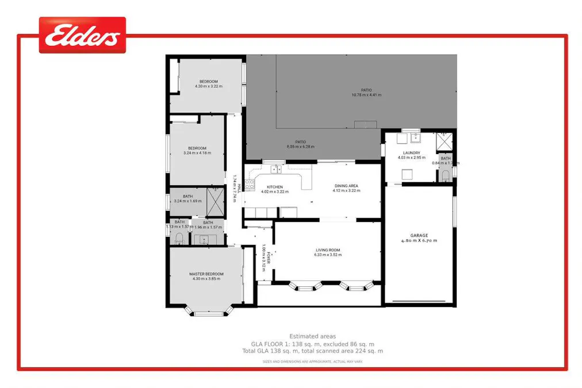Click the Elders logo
[82, 36]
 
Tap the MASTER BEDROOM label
[206, 274]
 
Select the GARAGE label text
[419, 235]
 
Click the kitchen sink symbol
[277, 169]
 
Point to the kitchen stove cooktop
[250, 185]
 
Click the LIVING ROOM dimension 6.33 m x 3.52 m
[328, 255]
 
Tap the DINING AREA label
[346, 186]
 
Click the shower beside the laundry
[445, 141]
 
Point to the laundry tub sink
[415, 138]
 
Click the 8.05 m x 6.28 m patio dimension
[301, 147]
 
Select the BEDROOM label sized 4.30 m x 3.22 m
[208, 81]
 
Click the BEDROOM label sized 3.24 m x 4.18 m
[197, 148]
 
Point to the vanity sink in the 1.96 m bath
[204, 239]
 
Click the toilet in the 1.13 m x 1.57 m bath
[179, 238]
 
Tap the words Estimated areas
[312, 336]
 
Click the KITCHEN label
[274, 187]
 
